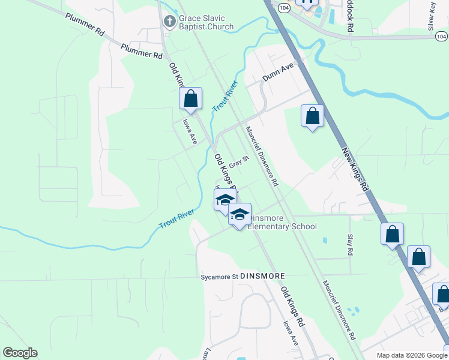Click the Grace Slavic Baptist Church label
click(x=206, y=22)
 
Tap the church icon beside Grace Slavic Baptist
click(x=170, y=22)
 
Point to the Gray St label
click(x=239, y=163)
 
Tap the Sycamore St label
click(x=220, y=277)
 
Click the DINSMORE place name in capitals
click(x=262, y=275)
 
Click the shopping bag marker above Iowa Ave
click(x=190, y=98)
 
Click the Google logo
click(x=20, y=353)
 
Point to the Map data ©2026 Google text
click(x=410, y=355)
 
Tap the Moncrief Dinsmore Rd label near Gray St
click(x=261, y=155)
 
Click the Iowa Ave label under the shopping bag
click(x=190, y=131)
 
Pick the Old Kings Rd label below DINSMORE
click(x=293, y=306)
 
